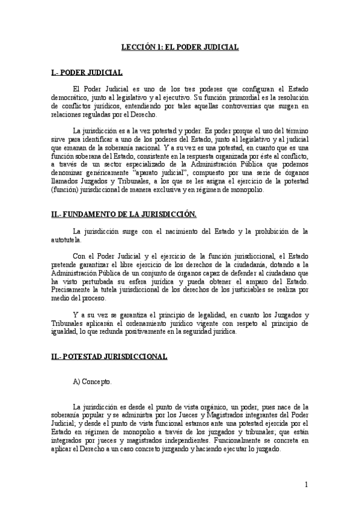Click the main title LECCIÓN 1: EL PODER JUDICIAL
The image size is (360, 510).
[180, 46]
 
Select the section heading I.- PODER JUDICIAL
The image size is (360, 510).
[88, 73]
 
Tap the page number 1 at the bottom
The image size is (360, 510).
[307, 485]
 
